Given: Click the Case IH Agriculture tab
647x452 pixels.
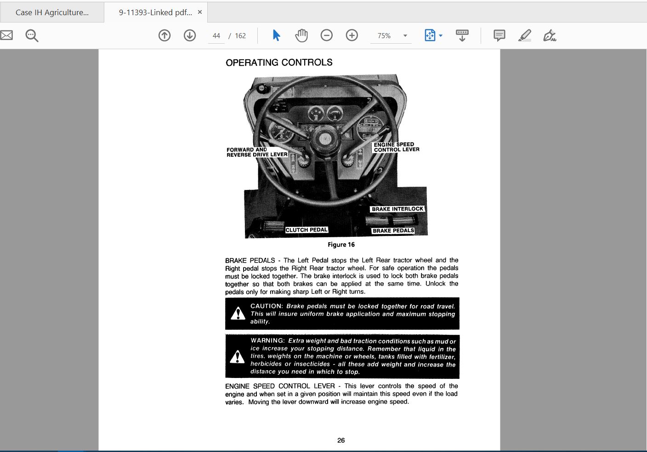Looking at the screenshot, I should pos(52,12).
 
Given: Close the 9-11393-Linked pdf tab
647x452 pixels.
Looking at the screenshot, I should pos(200,12).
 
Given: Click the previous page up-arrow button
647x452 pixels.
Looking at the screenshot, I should pos(165,35).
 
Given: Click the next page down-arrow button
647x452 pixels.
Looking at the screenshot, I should pos(190,35).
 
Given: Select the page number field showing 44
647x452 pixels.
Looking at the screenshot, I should pos(216,36).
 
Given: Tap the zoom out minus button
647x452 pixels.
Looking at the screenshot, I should pos(327,35).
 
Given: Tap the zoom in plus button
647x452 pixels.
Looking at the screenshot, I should pos(352,35).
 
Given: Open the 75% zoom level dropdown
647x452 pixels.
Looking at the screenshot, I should pos(405,35).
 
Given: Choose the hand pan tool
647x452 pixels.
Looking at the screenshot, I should pos(301,35).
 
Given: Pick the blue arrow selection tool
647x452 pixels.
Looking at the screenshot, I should pos(276,35).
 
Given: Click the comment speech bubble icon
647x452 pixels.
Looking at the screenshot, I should pos(499,35).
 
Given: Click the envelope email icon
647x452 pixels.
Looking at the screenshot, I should pos(6,35).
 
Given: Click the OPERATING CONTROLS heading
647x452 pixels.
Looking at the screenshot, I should pos(279,63).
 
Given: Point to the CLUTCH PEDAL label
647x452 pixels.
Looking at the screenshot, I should pos(306,230).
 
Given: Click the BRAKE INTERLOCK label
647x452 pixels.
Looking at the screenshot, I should pos(397,209).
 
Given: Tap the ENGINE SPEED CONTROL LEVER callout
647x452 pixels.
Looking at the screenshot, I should pos(396,147).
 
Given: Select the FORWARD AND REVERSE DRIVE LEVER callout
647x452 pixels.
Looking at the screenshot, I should pos(257,152).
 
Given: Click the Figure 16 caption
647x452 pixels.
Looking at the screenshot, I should pos(341,245).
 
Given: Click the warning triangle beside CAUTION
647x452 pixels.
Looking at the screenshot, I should pos(238,314).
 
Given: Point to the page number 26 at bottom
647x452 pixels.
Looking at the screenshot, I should pos(341,440).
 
